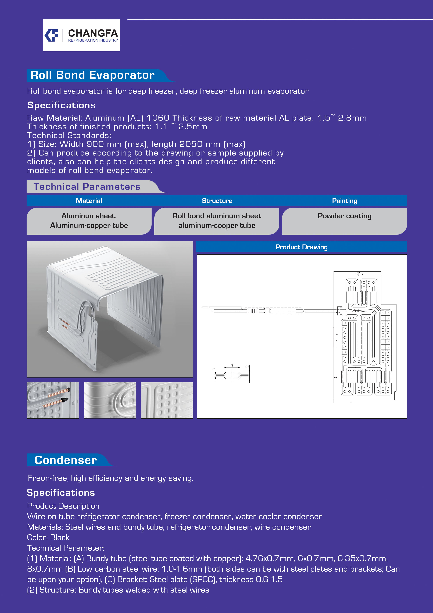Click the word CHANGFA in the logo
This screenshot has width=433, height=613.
(93, 33)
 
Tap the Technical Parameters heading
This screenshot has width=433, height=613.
(87, 187)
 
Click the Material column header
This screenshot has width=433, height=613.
(89, 201)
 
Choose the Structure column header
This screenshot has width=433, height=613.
(217, 201)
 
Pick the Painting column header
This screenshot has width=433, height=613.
(345, 201)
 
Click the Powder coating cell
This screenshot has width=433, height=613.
(345, 216)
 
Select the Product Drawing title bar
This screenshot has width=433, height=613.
(301, 247)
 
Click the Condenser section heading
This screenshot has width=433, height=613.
(66, 460)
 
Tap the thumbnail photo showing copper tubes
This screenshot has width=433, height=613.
(53, 400)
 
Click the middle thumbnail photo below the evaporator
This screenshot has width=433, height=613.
(110, 400)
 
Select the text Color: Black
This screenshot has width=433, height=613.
(48, 538)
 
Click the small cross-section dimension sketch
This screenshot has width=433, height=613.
(232, 374)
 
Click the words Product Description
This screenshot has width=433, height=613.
(63, 506)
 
